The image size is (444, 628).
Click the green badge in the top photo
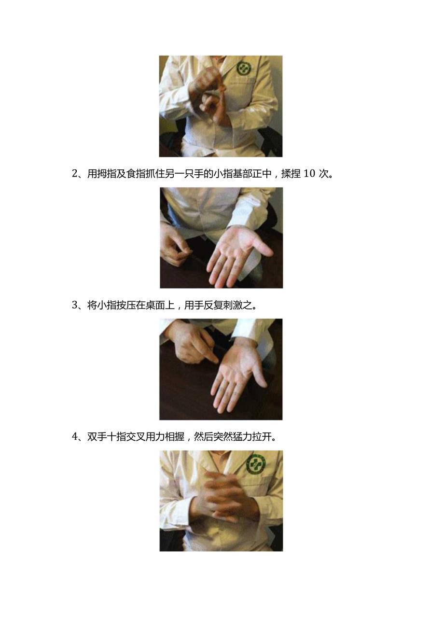(x=244, y=68)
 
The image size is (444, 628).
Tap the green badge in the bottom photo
(x=256, y=464)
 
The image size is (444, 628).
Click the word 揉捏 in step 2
(x=291, y=174)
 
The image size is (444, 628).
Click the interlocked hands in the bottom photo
(x=224, y=497)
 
